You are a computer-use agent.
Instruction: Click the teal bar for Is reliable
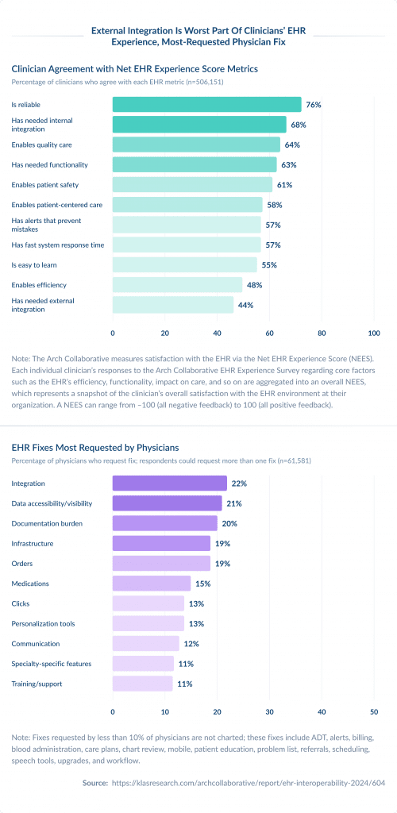coord(206,105)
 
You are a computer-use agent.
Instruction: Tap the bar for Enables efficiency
coord(177,285)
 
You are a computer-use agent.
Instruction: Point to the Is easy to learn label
coord(33,264)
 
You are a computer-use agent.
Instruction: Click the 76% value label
coord(314,105)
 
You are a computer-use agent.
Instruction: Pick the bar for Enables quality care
coord(196,144)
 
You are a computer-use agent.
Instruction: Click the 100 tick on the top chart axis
coord(373,333)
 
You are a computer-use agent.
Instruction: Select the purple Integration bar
coord(169,484)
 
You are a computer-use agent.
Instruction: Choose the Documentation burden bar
coord(164,523)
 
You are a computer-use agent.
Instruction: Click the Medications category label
coord(30,584)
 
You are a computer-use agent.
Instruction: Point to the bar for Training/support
coord(142,684)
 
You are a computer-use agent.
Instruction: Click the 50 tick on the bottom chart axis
coord(373,711)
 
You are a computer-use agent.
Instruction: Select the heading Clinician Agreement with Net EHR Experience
coord(134,69)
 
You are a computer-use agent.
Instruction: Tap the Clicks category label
coord(21,603)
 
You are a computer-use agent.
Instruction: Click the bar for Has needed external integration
coord(173,305)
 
